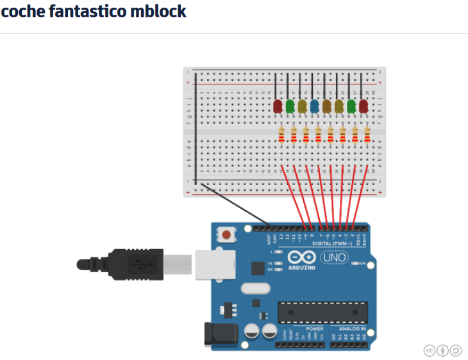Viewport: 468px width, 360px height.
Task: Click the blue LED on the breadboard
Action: pyautogui.click(x=314, y=106)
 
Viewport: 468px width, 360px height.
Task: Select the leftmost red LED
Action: pyautogui.click(x=278, y=106)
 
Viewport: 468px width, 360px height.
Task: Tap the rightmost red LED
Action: pyautogui.click(x=364, y=106)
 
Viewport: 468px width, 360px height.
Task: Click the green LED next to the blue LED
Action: pyautogui.click(x=290, y=106)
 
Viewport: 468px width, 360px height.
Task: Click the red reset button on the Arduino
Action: pyautogui.click(x=226, y=235)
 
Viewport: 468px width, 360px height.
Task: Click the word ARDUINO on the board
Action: pyautogui.click(x=302, y=268)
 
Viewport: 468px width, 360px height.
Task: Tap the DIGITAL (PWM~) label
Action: pyautogui.click(x=332, y=243)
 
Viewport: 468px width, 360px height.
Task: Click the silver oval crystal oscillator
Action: pyautogui.click(x=255, y=290)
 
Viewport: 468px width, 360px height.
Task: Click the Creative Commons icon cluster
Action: pyautogui.click(x=442, y=350)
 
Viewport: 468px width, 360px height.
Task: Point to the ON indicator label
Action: pyautogui.click(x=363, y=263)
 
